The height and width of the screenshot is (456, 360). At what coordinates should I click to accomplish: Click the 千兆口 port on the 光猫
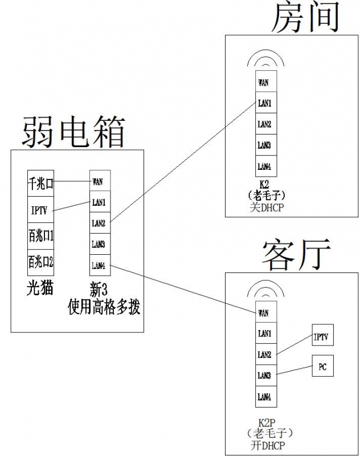[x=40, y=183]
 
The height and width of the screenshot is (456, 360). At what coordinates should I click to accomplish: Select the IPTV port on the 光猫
[x=40, y=210]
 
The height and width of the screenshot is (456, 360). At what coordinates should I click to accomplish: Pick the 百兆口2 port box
[x=40, y=262]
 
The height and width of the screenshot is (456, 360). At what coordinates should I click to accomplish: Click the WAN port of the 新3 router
[x=98, y=182]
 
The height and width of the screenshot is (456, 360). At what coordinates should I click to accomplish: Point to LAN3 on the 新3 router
[x=98, y=244]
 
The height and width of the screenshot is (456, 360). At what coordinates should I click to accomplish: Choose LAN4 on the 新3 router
[x=98, y=265]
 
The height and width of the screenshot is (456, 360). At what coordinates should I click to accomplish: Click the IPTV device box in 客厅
[x=322, y=337]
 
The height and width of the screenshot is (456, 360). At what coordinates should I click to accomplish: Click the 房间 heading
[x=305, y=18]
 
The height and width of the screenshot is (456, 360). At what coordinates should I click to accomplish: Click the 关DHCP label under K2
[x=265, y=208]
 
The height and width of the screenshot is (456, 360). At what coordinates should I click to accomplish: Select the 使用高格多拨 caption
[x=104, y=308]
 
